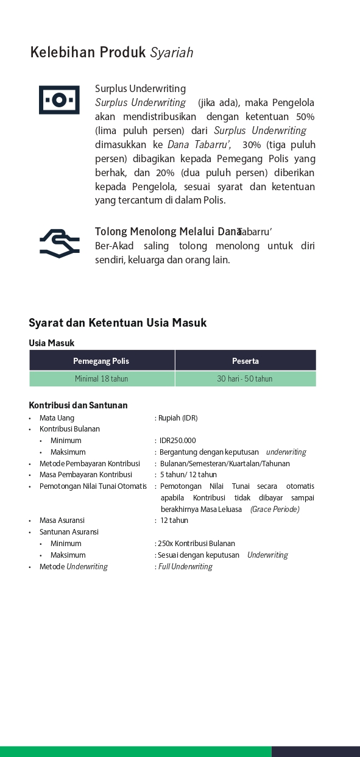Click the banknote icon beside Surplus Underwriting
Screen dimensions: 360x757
59,100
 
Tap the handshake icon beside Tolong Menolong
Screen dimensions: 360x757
59,243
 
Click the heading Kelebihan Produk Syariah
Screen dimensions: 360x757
111,52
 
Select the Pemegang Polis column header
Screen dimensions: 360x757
101,361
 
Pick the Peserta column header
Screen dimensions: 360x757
245,361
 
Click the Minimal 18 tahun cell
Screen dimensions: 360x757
101,378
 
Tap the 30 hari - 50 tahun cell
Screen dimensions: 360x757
245,378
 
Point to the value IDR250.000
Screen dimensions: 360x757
178,441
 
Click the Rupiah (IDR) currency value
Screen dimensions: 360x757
178,418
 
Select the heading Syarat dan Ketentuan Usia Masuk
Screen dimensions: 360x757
118,323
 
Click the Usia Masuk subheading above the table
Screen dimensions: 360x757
52,343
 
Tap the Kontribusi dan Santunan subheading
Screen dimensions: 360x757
78,405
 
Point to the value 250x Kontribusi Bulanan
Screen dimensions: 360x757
196,544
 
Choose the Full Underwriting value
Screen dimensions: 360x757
185,567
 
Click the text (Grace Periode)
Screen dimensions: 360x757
275,510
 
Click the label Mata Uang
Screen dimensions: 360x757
57,418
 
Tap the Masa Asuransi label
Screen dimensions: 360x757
62,521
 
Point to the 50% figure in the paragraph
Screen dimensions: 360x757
305,117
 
